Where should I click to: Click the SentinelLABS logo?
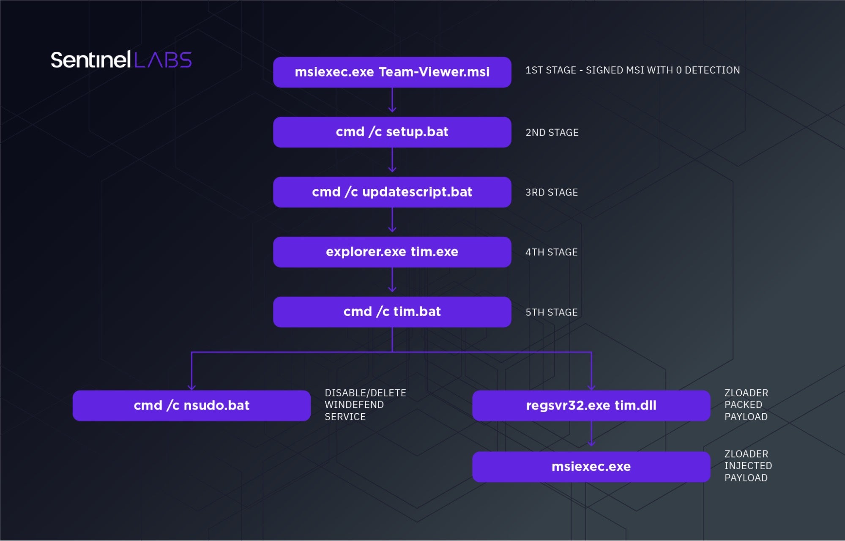(x=121, y=60)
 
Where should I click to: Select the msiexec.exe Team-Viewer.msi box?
(x=392, y=72)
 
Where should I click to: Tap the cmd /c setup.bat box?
(x=392, y=132)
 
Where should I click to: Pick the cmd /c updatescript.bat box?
(x=392, y=192)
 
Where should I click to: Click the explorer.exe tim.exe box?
(x=392, y=252)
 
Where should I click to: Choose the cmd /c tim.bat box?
(x=392, y=312)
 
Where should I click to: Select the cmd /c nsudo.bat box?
(x=191, y=406)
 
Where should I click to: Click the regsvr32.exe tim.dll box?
(x=591, y=406)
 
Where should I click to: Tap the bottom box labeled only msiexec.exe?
(x=591, y=467)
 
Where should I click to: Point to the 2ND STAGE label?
(x=552, y=133)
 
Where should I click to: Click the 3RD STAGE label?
(x=551, y=193)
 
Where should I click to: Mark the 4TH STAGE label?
(x=551, y=252)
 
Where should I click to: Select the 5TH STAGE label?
(x=551, y=312)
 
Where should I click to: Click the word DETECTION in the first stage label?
(x=712, y=70)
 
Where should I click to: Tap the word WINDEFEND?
(x=354, y=405)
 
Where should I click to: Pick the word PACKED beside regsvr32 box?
(x=743, y=405)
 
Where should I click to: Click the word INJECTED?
(x=748, y=466)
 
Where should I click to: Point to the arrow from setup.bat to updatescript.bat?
(x=392, y=161)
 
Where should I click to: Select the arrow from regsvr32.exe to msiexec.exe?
(x=591, y=434)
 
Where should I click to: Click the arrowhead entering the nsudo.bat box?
(x=191, y=387)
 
